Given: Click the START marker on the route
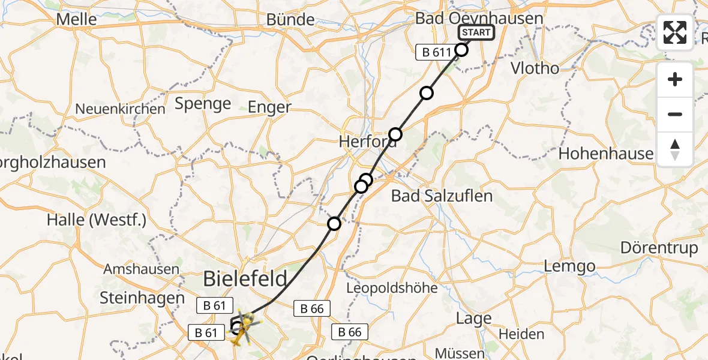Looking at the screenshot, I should coord(476,32).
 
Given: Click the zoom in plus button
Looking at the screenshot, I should coord(675,79).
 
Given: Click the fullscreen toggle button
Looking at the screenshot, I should coord(675,32).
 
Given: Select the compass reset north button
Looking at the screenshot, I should coord(675,149).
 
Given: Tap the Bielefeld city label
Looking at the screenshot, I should coord(245,279).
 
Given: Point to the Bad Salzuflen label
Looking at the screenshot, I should coord(442,196).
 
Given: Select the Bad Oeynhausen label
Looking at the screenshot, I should coord(479,19).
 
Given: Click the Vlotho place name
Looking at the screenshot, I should coord(534,68).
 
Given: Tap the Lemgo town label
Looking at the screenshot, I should coord(569,266).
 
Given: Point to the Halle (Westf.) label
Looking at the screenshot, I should coord(97,220).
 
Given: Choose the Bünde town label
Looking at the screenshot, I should coord(290,20).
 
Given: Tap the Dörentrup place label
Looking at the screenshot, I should coord(659,248).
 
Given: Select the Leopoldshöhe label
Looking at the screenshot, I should coord(392,288).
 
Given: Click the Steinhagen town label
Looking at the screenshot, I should coord(142,298).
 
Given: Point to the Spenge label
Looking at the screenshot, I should coord(203,104).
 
